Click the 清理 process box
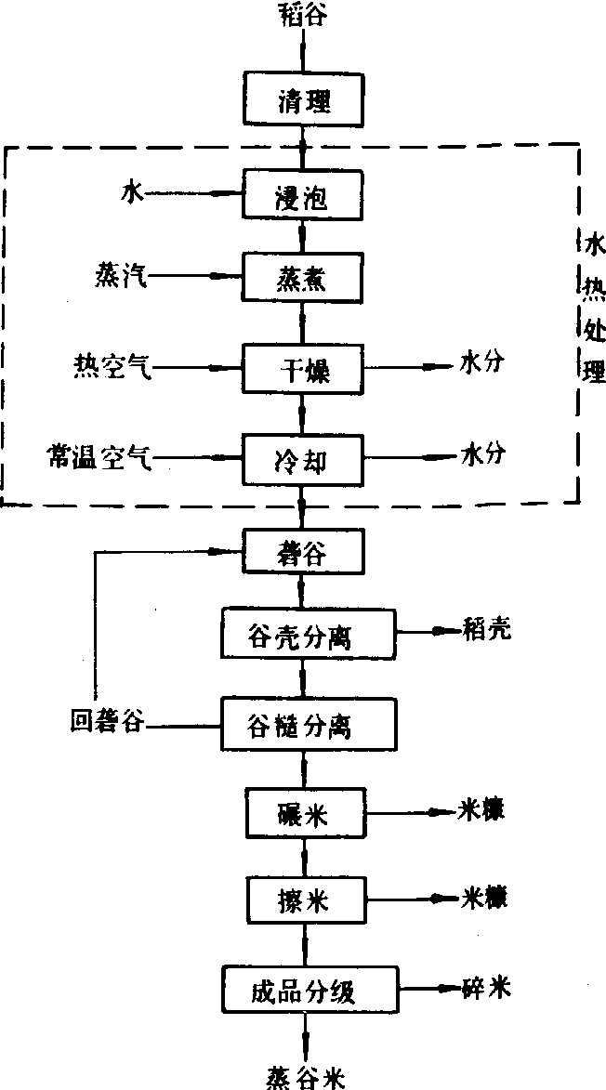click(303, 100)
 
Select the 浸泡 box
click(303, 196)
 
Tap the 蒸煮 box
click(303, 277)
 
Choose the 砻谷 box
click(303, 553)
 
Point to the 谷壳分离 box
click(308, 634)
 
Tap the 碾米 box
click(303, 811)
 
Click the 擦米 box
click(303, 899)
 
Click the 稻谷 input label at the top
click(303, 16)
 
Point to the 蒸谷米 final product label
click(303, 1076)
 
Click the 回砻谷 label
click(109, 721)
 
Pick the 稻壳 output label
click(486, 630)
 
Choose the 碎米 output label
click(486, 987)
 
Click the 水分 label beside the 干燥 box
click(483, 365)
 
